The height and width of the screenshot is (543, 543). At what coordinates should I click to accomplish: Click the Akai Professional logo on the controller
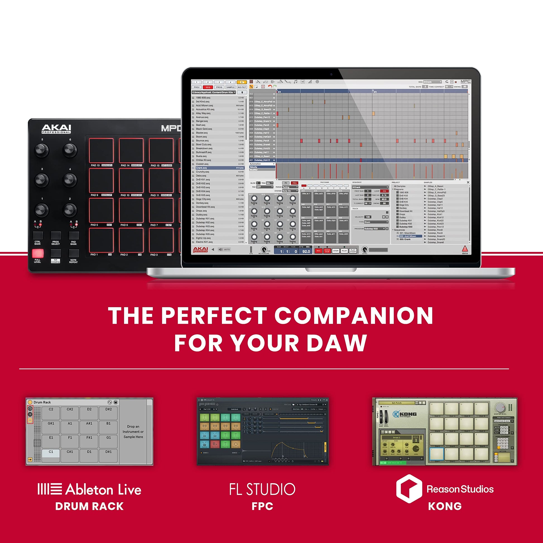(56, 129)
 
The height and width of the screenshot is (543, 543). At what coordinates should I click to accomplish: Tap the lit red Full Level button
(38, 253)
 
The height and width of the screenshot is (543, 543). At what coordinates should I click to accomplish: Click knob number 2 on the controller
(70, 210)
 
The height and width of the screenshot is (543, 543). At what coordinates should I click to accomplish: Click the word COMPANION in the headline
(354, 316)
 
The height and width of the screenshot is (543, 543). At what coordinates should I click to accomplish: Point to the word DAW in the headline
(337, 343)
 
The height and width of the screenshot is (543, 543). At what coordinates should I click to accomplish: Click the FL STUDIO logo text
(262, 489)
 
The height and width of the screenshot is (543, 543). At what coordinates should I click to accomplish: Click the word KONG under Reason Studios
(445, 506)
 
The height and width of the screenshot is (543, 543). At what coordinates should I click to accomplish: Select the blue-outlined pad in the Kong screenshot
(437, 454)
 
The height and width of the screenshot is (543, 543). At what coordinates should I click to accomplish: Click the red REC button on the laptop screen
(318, 251)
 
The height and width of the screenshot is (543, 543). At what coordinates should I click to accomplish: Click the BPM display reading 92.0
(306, 251)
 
